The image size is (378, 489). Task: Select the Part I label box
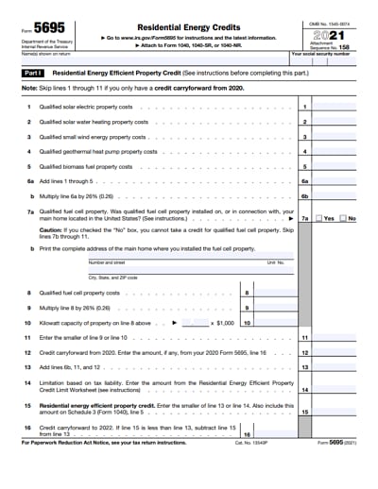33,71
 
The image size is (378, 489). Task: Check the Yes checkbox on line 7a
319,218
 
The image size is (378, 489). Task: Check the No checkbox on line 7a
342,218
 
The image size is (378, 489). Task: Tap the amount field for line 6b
335,195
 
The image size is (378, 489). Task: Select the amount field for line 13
335,366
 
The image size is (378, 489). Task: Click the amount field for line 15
335,412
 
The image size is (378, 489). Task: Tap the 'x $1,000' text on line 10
222,322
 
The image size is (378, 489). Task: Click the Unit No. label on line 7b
275,262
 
